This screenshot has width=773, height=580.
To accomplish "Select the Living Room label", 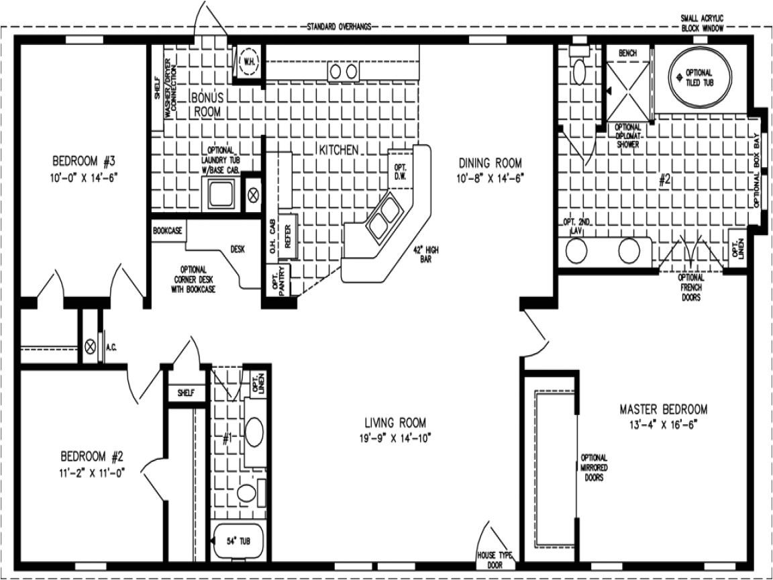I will [395, 422].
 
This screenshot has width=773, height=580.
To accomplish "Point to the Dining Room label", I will [490, 162].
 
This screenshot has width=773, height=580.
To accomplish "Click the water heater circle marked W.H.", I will [249, 60].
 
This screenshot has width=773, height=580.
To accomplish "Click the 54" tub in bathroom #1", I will [241, 541].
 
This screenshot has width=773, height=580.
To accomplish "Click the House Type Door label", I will [495, 559].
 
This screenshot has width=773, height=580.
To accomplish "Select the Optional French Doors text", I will [691, 287].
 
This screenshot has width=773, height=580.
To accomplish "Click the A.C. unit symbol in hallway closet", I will [90, 347].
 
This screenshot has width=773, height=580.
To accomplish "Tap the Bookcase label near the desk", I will [168, 230].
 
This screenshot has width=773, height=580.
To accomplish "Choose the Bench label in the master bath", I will [628, 53].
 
